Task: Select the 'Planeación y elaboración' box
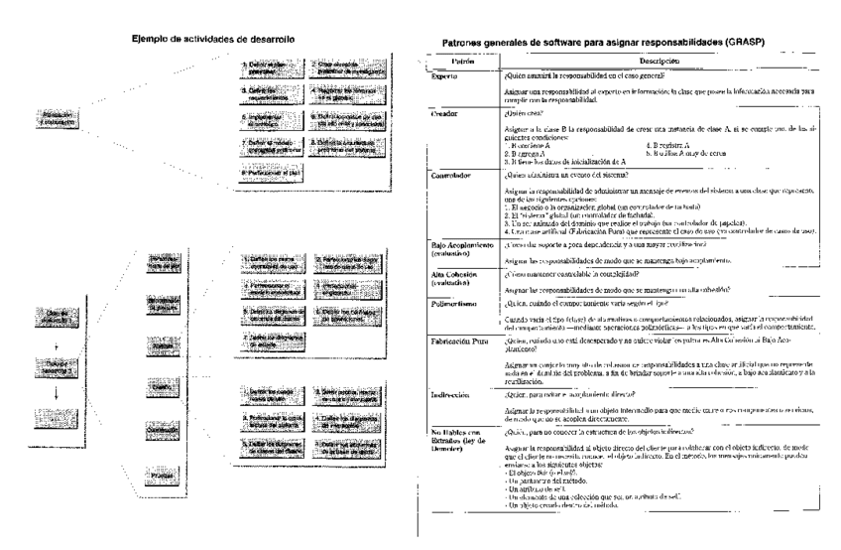57,118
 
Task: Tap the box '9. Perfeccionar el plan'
268,170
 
